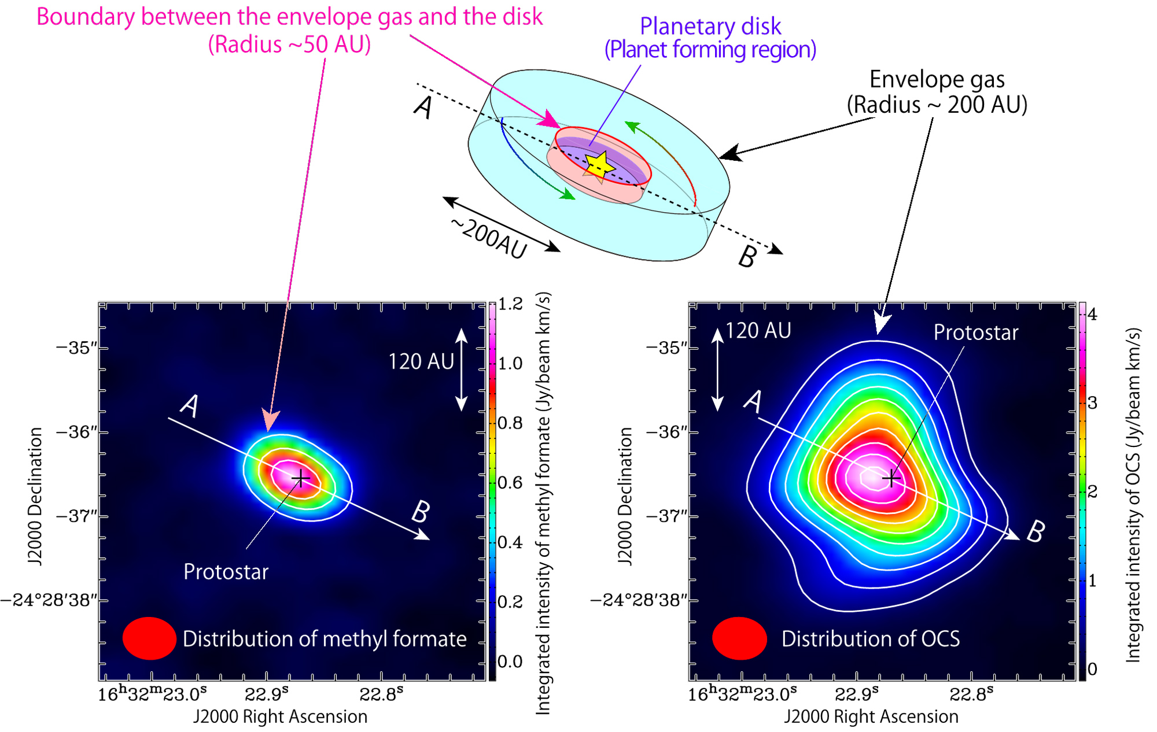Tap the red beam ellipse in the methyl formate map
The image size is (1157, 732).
(149, 638)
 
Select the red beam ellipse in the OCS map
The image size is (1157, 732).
(739, 638)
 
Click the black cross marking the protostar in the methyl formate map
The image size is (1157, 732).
(301, 478)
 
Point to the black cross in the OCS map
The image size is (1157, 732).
(891, 479)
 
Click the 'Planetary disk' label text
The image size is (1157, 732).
(710, 27)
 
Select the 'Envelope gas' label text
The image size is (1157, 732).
(937, 80)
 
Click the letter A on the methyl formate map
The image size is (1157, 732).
(190, 405)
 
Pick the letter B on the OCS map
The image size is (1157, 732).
(1036, 531)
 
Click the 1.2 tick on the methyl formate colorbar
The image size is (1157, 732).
(510, 304)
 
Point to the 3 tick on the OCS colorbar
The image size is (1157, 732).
(1092, 403)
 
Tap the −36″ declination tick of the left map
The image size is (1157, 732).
(77, 432)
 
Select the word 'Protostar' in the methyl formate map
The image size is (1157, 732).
(226, 572)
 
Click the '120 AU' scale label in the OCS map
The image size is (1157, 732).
(758, 331)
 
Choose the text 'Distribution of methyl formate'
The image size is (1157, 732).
(325, 639)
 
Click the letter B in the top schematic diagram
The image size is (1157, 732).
(747, 256)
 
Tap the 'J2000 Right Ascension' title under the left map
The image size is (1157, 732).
(280, 716)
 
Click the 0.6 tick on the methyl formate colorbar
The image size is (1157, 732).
(510, 483)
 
